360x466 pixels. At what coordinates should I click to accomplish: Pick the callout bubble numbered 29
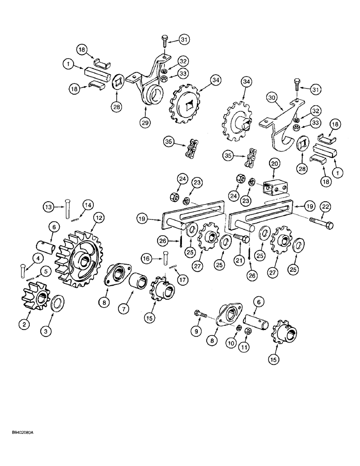click(x=144, y=111)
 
